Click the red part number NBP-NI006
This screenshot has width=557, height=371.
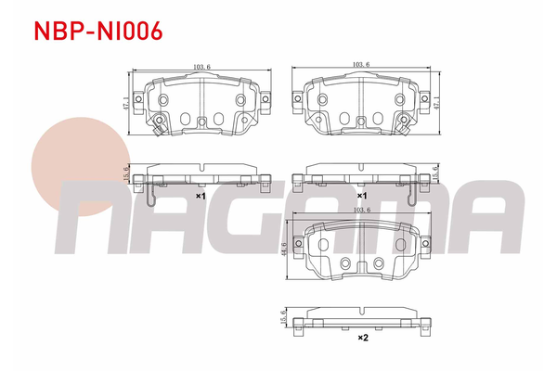tap(97, 31)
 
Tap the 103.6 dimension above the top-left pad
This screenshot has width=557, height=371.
tap(199, 67)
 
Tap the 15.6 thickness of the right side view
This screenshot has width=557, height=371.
tap(434, 173)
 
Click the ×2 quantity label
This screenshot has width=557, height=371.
tap(363, 339)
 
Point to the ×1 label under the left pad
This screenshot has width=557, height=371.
tap(200, 197)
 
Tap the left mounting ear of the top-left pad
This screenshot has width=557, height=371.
tap(138, 98)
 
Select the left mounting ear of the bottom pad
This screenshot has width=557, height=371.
tap(297, 244)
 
